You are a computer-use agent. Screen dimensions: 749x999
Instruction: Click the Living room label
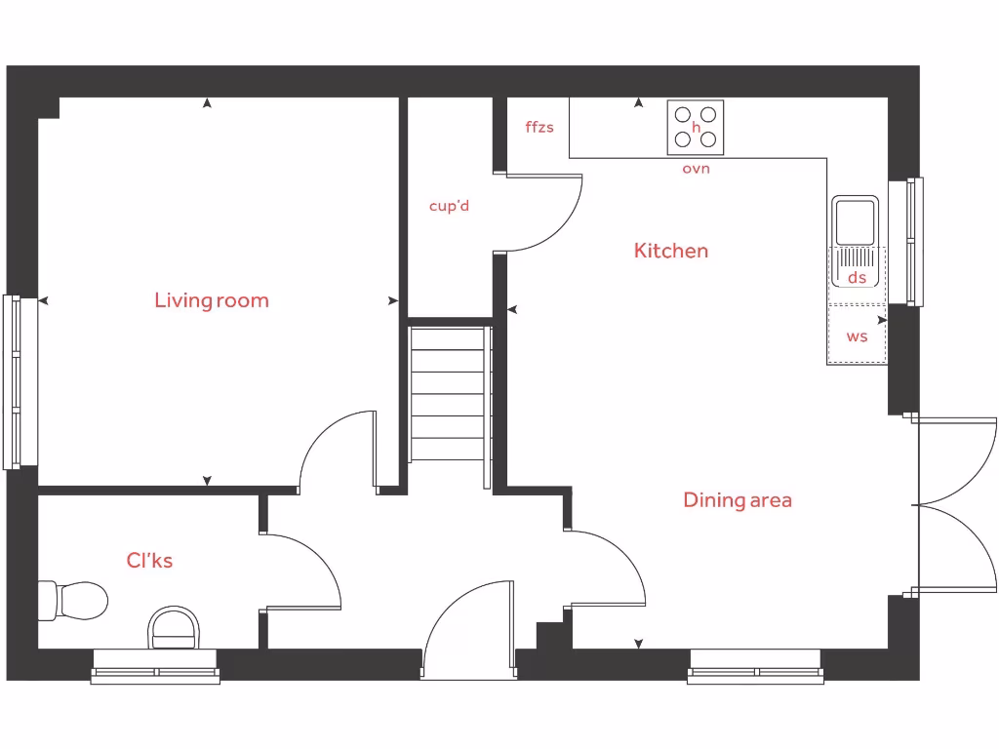click(212, 300)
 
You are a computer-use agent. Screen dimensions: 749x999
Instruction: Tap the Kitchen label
click(671, 251)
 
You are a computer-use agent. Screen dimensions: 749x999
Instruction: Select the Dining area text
click(738, 500)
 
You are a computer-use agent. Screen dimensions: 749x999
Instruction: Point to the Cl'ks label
click(149, 561)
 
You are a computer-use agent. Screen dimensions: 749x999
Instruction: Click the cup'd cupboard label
click(450, 206)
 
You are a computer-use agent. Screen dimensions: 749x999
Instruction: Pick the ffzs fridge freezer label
click(539, 127)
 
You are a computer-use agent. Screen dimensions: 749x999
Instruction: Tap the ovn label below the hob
click(696, 169)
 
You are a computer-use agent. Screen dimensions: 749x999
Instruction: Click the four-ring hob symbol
click(696, 128)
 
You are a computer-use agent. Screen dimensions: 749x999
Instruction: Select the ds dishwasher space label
click(857, 278)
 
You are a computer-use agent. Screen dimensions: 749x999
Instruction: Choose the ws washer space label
click(857, 336)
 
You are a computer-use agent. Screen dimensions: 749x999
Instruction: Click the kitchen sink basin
click(856, 220)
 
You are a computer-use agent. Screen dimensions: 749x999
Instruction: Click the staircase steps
click(448, 395)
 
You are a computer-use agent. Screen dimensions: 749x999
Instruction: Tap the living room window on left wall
click(12, 381)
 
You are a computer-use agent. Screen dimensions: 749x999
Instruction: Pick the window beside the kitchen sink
click(914, 241)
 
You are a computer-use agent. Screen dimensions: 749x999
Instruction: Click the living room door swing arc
click(337, 449)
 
